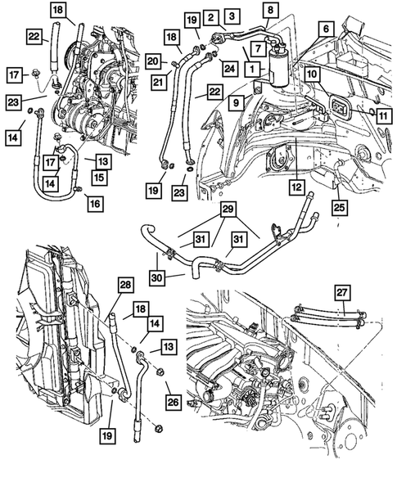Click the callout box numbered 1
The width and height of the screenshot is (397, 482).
pyautogui.click(x=254, y=70)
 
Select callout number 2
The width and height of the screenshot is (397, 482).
pyautogui.click(x=210, y=17)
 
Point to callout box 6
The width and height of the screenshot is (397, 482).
pyautogui.click(x=325, y=29)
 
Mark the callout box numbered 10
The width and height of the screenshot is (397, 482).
pyautogui.click(x=312, y=74)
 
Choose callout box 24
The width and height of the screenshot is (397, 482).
pyautogui.click(x=228, y=67)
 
